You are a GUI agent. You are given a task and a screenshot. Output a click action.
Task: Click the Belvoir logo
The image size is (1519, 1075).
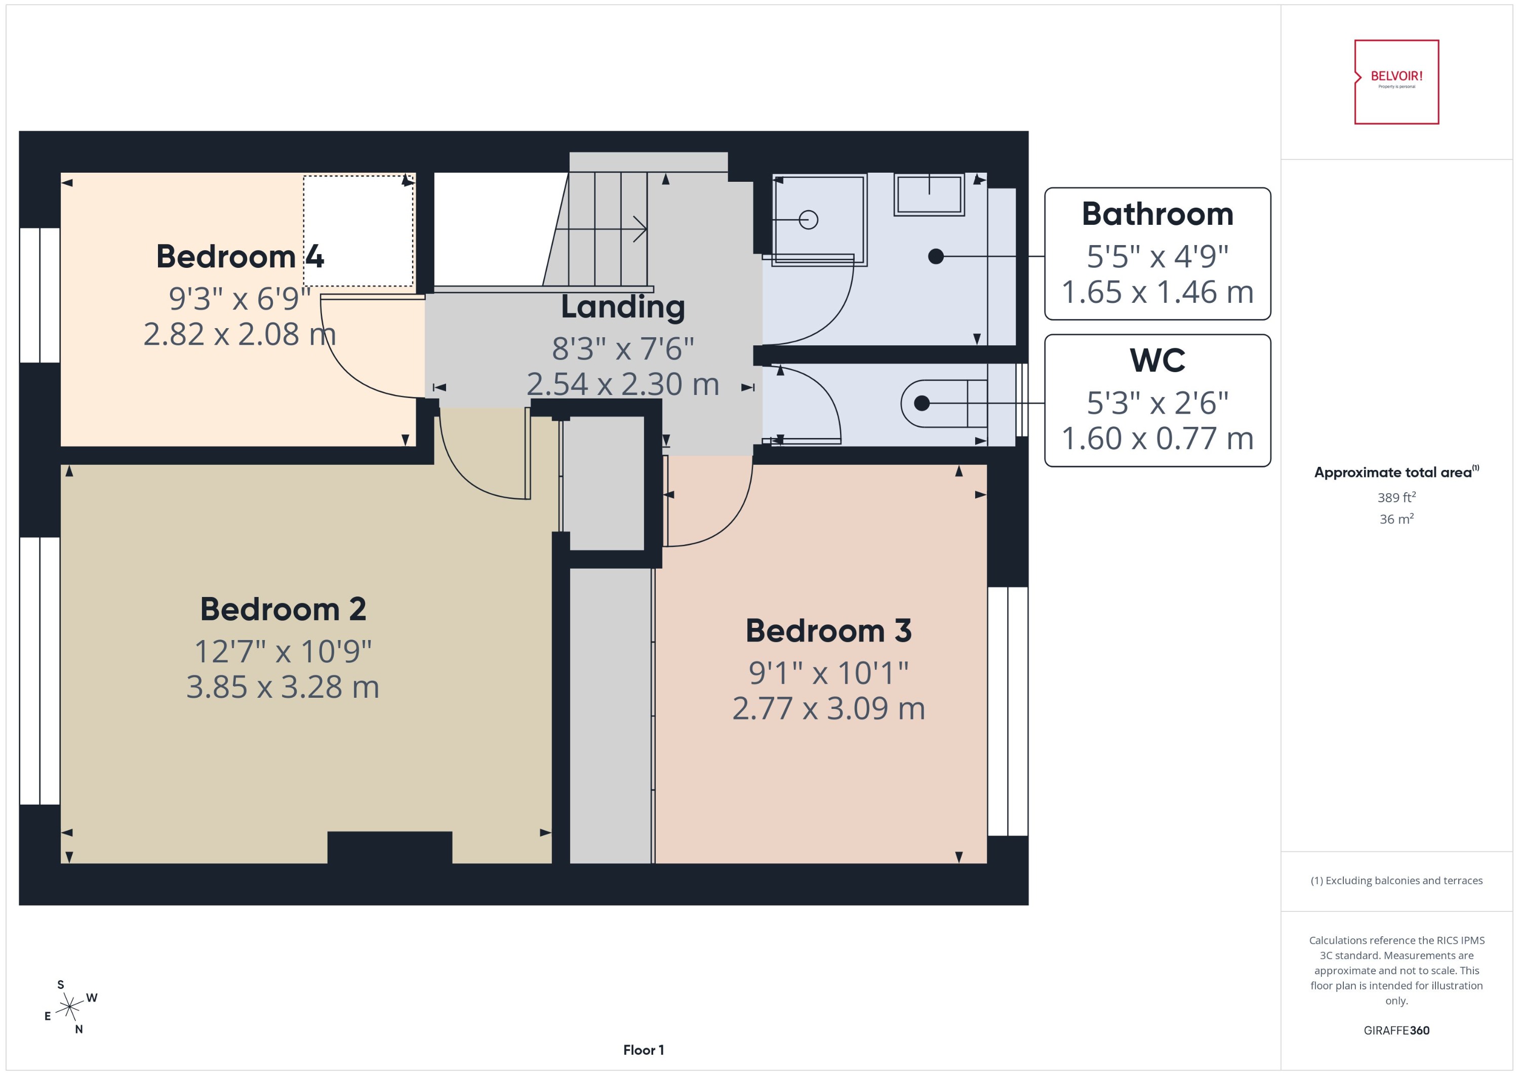(x=1396, y=82)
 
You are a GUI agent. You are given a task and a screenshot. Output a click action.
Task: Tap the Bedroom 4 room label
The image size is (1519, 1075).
(x=239, y=256)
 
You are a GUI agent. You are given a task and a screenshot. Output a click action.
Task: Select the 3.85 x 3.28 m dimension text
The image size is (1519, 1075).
(x=283, y=687)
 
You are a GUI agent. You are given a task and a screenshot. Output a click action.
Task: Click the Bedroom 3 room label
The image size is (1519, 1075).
(x=828, y=630)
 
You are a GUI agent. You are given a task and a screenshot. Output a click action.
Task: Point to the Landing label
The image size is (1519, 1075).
(x=622, y=306)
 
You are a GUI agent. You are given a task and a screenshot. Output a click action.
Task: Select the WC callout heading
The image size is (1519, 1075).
(x=1157, y=360)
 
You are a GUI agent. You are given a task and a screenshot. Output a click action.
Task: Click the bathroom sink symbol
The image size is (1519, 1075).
(x=929, y=194)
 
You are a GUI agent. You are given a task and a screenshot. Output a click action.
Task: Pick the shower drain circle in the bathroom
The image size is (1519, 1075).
(x=808, y=220)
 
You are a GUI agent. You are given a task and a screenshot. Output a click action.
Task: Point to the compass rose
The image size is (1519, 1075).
(x=69, y=1008)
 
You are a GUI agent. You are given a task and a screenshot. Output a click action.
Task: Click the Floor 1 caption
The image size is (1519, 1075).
(x=643, y=1050)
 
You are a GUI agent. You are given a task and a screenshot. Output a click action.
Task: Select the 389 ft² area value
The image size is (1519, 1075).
(x=1396, y=497)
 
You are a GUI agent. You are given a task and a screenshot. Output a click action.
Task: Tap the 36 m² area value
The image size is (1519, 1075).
(x=1396, y=519)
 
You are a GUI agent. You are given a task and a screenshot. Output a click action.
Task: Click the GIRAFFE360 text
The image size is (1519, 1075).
(x=1396, y=1030)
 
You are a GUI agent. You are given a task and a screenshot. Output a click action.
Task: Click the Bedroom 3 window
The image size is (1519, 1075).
(x=1008, y=711)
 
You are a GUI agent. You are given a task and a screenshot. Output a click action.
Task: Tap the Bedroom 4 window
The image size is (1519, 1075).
(x=39, y=295)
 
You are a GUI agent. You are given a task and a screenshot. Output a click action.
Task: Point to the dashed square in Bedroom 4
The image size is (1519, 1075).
(x=358, y=231)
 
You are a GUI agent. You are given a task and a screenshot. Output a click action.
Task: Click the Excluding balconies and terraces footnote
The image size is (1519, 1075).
(x=1396, y=881)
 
